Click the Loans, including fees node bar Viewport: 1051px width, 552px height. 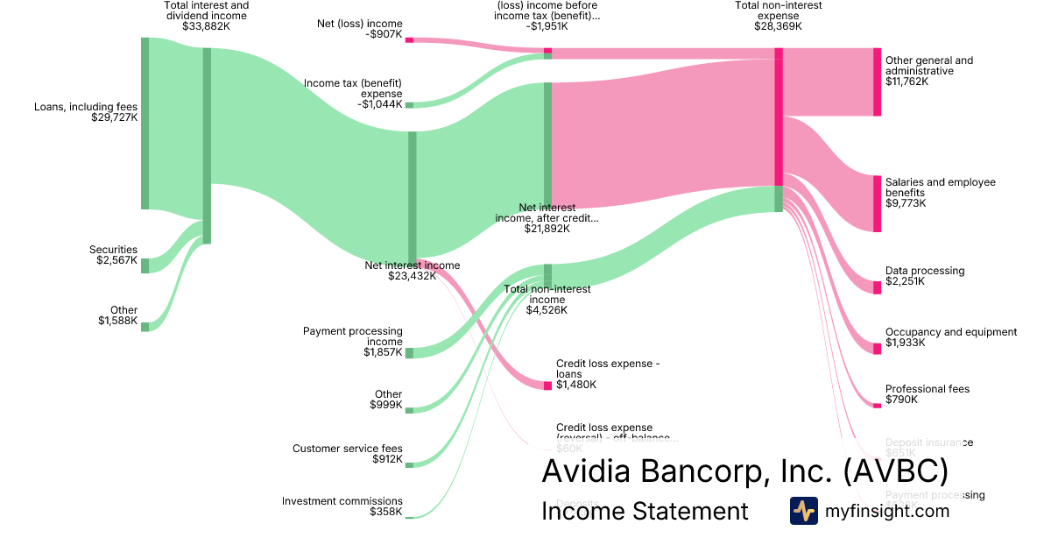point(145,123)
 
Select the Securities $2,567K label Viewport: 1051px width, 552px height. point(113,255)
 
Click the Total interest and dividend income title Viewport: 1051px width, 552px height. point(206,11)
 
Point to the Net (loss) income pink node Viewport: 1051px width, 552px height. point(409,39)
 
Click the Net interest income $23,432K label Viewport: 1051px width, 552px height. point(412,271)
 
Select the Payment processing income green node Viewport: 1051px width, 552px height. point(409,352)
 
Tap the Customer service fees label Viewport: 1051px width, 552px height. point(347,449)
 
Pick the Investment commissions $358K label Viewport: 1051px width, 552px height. point(342,506)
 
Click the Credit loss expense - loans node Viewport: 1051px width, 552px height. point(547,385)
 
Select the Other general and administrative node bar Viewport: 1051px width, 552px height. point(877,81)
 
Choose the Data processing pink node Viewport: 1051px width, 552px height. point(877,287)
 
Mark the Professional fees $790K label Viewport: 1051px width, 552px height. point(927,394)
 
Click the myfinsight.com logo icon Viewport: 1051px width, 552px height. point(803,511)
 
